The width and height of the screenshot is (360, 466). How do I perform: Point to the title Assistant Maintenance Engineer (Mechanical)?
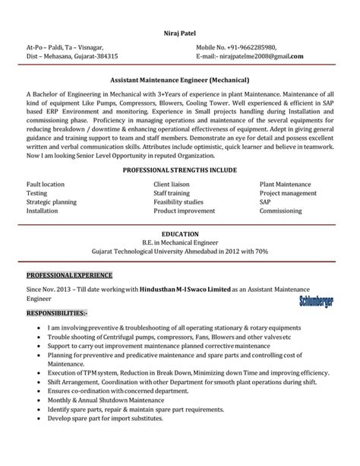click(x=180, y=79)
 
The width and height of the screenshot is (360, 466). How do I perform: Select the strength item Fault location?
click(x=45, y=185)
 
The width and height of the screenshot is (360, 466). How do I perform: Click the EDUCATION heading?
click(x=180, y=233)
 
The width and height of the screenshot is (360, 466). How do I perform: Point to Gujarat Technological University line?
click(x=180, y=251)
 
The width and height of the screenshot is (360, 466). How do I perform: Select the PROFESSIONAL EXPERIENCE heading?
click(x=69, y=274)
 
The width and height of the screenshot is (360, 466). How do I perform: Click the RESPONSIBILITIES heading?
click(x=57, y=312)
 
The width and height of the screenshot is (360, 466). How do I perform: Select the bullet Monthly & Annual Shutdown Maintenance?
click(x=106, y=400)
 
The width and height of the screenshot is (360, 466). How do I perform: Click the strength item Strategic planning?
click(x=51, y=202)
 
